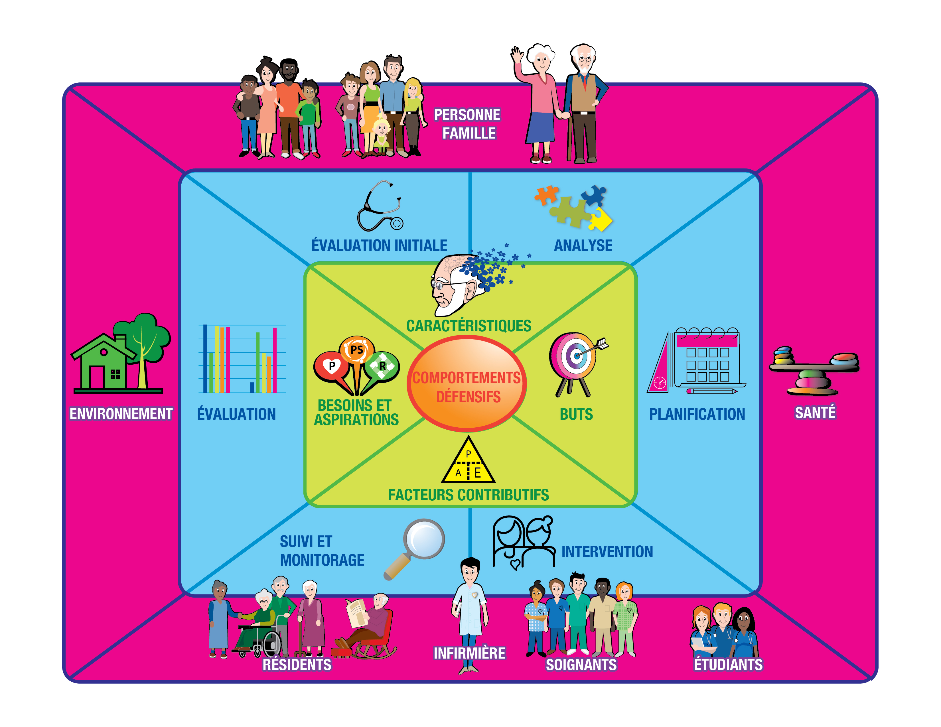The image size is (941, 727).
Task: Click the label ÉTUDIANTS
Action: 728,665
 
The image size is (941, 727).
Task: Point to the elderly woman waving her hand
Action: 539,103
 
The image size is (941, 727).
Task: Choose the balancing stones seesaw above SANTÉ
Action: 814,370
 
